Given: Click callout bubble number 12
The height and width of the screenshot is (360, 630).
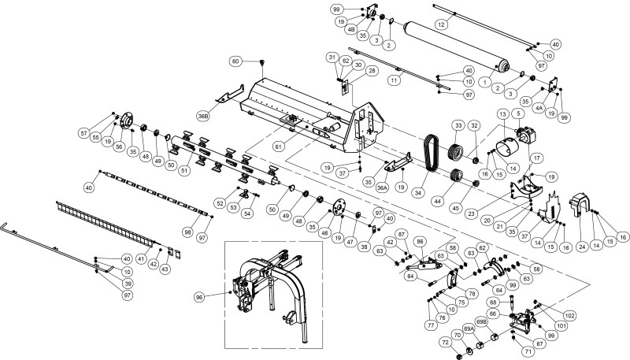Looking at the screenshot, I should [442, 25].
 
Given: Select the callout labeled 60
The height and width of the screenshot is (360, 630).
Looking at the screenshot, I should [235, 61].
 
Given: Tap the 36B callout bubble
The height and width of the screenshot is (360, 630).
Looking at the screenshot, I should [203, 116].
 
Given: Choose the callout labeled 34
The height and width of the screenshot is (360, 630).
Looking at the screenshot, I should [429, 192].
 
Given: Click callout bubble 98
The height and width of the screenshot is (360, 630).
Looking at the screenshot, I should [187, 232].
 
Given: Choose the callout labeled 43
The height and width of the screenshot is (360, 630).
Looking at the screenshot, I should [165, 269].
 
